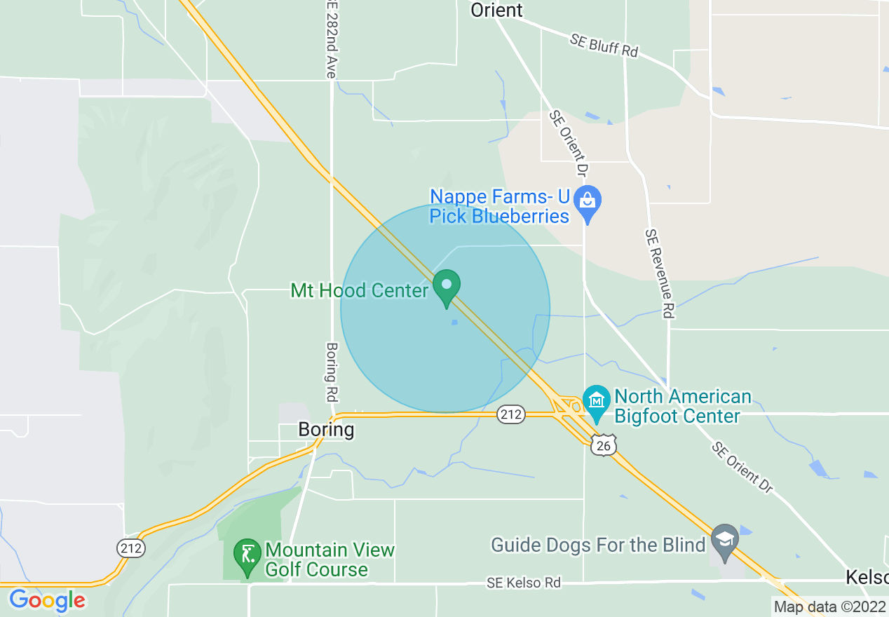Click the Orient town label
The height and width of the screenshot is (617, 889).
point(496,10)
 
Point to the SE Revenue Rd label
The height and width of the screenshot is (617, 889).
point(660,273)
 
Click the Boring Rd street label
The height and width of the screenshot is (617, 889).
point(332,372)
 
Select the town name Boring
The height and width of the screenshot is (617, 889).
point(326,429)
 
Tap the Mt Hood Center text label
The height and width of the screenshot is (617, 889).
point(359,290)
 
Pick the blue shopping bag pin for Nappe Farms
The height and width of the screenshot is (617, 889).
point(588,202)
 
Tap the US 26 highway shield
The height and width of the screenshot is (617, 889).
point(603,445)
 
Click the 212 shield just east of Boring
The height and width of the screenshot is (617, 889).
point(511,414)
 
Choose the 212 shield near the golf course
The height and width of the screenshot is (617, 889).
point(131,548)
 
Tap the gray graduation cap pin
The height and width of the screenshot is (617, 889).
point(725,541)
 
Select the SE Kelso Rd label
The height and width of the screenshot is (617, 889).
point(524,583)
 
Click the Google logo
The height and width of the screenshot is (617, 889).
point(47,601)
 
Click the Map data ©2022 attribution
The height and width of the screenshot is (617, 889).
point(829,606)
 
